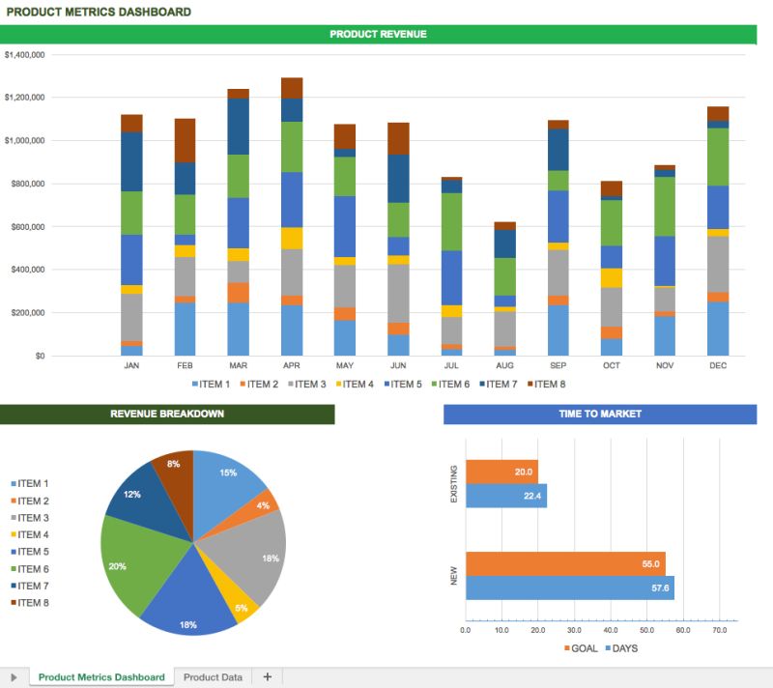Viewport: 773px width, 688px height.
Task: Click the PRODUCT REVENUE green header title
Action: click(378, 34)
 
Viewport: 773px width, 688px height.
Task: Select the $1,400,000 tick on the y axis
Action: click(25, 55)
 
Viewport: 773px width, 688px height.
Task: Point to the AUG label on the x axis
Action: click(504, 367)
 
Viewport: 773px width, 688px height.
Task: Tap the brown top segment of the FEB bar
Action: click(185, 140)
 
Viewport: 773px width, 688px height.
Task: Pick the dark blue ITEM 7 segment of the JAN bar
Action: click(131, 161)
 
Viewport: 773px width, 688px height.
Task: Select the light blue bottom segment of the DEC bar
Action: click(717, 329)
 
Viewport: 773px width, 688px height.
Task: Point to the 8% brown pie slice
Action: click(175, 468)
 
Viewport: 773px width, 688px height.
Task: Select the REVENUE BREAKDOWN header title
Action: click(167, 415)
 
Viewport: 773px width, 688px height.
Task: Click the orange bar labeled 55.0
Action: click(565, 563)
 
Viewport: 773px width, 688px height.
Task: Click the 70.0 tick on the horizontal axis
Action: click(719, 630)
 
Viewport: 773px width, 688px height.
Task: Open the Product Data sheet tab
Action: click(213, 677)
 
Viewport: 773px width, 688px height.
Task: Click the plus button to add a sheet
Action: click(268, 677)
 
